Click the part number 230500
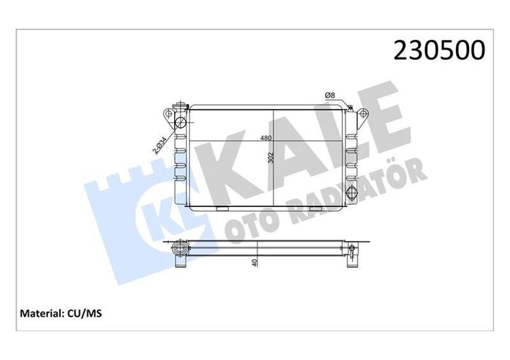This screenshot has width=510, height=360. tap(441, 50)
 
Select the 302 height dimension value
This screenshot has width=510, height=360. tap(270, 158)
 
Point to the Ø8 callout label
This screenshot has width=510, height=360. tap(330, 96)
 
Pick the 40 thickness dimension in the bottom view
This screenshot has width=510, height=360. tap(254, 261)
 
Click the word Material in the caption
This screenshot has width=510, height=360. tap(41, 313)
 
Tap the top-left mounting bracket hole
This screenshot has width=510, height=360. tap(169, 115)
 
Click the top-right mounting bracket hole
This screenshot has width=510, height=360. tap(363, 115)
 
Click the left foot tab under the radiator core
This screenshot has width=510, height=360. tap(222, 208)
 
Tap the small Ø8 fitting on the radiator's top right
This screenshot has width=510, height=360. tap(349, 107)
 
